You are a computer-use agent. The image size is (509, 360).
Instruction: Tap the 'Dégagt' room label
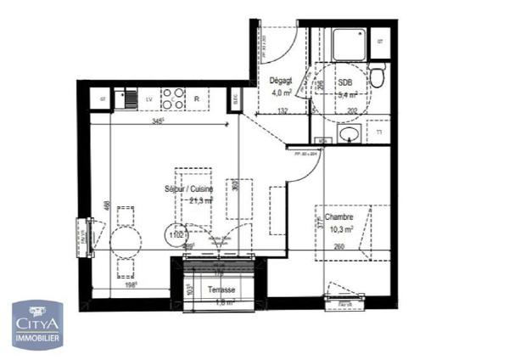coord(281,82)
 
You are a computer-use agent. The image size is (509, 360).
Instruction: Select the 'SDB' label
coord(344,83)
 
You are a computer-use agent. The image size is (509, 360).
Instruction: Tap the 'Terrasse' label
coord(223,290)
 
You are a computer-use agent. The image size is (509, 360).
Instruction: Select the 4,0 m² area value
coord(281,93)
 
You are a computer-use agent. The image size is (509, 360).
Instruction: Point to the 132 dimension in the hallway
coord(283,110)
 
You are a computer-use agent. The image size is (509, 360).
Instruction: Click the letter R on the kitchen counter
coord(197,99)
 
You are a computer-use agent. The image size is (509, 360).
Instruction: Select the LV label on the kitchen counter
coord(148,99)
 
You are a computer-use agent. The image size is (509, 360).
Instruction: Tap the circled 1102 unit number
coord(177,235)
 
